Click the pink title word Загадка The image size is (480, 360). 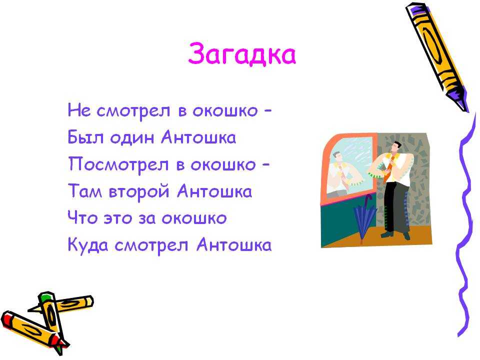point(242,54)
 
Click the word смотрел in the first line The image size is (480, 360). point(133,111)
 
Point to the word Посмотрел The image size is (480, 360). point(118,164)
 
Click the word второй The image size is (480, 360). point(139,192)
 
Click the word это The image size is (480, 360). point(118,218)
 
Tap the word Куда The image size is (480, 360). point(87,245)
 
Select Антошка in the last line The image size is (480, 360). point(234,244)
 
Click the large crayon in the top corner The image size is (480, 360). point(437,56)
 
